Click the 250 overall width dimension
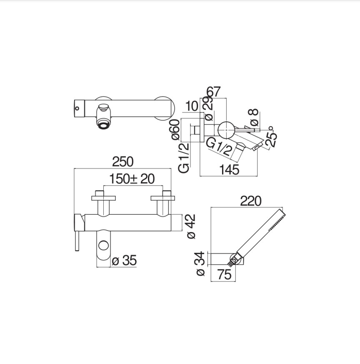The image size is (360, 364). point(123,162)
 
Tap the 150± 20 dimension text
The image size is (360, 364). point(132,179)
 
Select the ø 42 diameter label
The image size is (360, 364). point(191,226)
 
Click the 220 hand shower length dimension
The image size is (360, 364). point(250,201)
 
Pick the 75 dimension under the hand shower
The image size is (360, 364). point(225,274)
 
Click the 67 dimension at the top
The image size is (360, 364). point(213,92)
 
